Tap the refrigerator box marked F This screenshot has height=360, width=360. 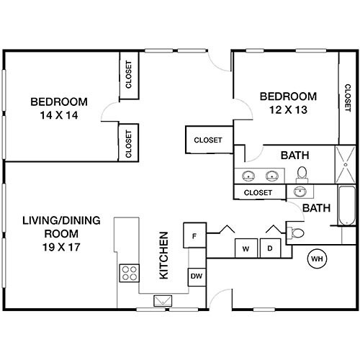tap(194, 235)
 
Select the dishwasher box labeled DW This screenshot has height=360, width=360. tap(196, 276)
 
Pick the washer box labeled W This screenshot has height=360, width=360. tap(246, 248)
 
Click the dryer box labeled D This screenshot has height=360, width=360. tap(270, 248)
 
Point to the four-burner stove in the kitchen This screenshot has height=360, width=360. tap(129, 273)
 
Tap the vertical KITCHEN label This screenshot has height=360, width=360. tap(164, 256)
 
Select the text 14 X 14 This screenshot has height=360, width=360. tap(59, 114)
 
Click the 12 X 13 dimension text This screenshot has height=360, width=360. tap(288, 110)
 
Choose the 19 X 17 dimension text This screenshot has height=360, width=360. tap(60, 246)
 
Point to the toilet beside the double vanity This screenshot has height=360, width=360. tap(302, 173)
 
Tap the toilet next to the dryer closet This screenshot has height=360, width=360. tap(296, 231)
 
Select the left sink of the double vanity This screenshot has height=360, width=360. tap(249, 175)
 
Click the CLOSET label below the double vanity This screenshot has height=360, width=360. tap(258, 192)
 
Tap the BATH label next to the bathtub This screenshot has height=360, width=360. tap(316, 208)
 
